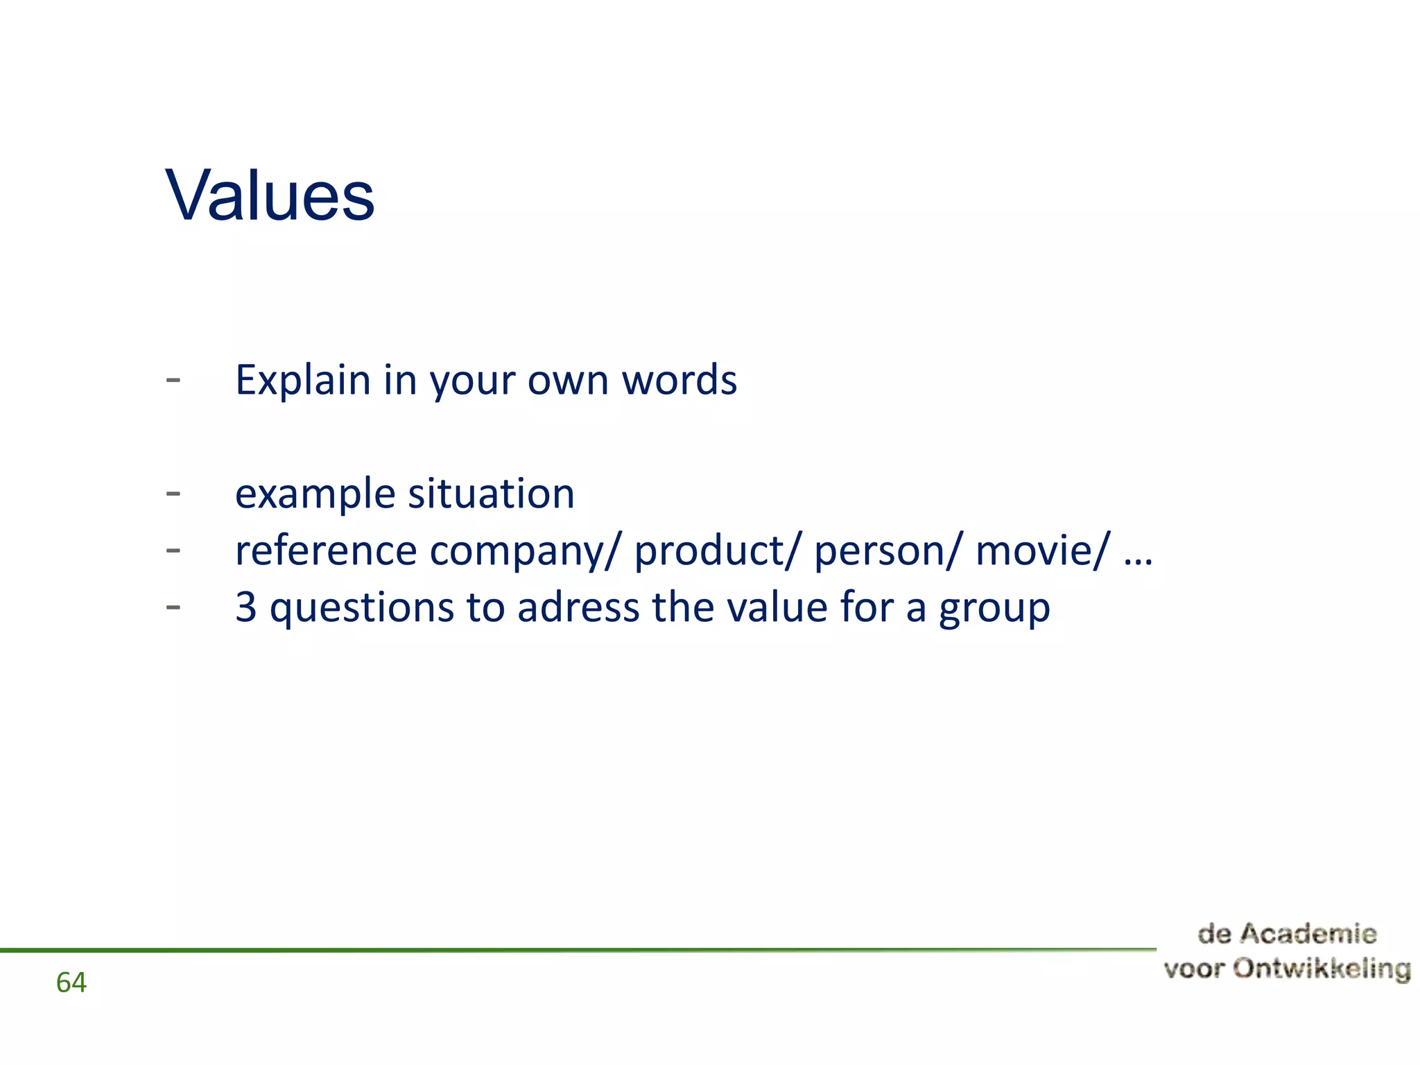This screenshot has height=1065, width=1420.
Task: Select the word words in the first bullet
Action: tap(679, 381)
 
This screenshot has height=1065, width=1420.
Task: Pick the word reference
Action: tap(325, 551)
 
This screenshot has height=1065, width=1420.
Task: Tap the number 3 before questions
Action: tap(245, 607)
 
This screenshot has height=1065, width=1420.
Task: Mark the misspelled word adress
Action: tap(578, 608)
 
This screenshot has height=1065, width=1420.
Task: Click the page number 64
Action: tap(71, 982)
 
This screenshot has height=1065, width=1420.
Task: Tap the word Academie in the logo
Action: tap(1308, 934)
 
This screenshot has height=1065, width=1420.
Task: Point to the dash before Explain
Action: tap(173, 380)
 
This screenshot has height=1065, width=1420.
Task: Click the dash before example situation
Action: tap(173, 494)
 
